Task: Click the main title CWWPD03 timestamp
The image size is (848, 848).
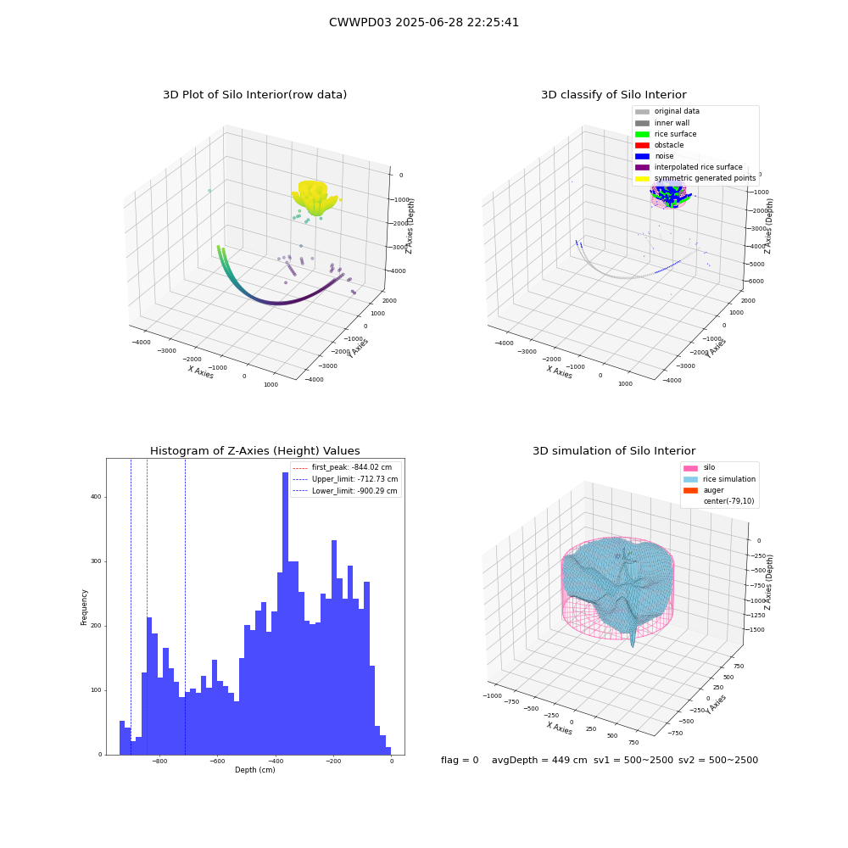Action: pos(423,22)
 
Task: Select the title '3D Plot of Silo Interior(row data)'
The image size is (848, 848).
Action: pos(254,95)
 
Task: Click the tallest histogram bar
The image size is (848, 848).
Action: pos(285,613)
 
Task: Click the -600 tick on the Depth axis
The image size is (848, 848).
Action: pos(217,761)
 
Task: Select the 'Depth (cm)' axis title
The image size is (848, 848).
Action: pos(254,770)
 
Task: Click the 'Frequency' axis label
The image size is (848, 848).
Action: pos(84,607)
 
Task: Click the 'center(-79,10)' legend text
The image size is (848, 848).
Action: pos(728,501)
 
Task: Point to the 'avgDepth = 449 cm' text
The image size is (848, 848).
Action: pos(539,760)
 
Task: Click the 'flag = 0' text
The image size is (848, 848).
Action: pos(460,760)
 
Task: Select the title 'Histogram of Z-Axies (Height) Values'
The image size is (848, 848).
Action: pos(254,451)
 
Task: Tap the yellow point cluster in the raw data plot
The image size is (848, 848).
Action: pos(315,198)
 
